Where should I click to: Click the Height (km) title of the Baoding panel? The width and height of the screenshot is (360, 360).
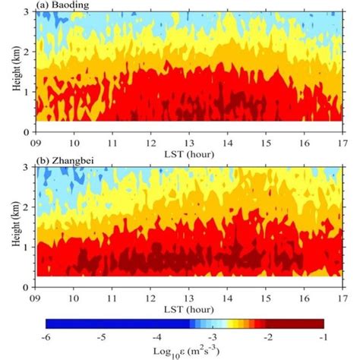pos(16,72)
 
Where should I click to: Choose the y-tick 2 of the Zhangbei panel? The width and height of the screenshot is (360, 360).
pos(29,207)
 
